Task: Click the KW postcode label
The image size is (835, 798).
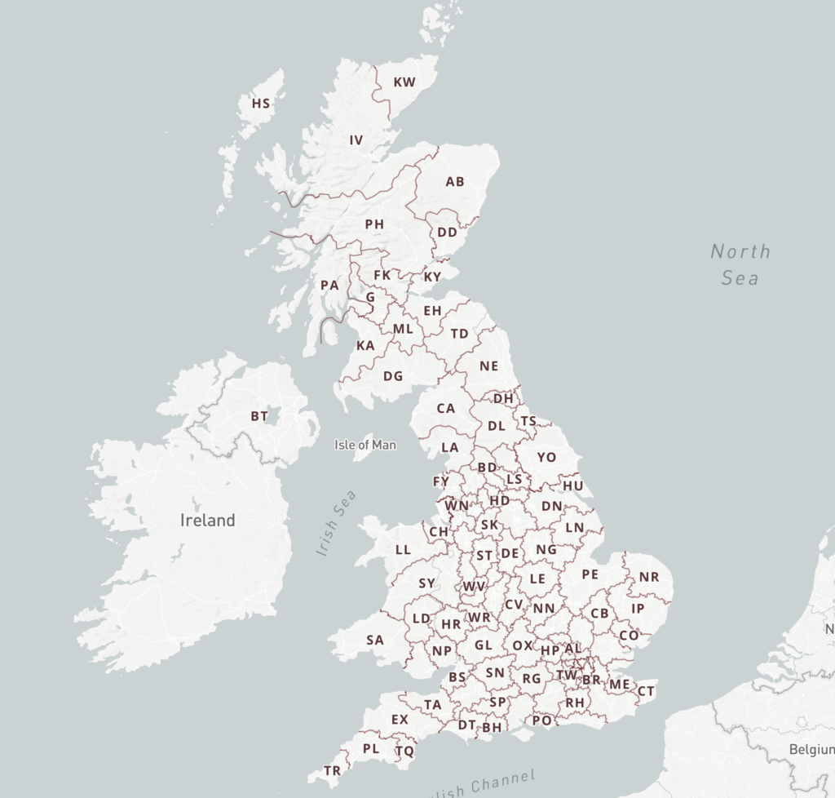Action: pos(404,82)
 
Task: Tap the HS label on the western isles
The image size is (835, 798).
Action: pos(261,104)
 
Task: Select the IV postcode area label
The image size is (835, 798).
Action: pos(356,140)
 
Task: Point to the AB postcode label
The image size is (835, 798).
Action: pos(454,182)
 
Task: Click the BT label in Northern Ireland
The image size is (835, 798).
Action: pos(259,416)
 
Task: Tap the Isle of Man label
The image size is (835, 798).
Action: pos(365,445)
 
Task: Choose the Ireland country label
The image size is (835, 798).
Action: pos(207,521)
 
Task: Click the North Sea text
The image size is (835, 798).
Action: pos(740,264)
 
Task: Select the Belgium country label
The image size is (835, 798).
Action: pos(810,749)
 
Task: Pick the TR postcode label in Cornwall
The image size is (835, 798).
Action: pos(332,770)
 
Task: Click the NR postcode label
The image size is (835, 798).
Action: pos(648,577)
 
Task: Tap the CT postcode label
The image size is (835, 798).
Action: pos(645,691)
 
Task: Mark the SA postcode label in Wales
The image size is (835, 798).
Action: pos(374,640)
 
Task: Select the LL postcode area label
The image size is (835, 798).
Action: pos(403,550)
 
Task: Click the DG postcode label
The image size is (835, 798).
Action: pos(393,376)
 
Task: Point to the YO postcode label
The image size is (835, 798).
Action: pos(546,458)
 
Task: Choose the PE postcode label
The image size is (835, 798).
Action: pos(590,574)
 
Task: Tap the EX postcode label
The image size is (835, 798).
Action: pos(400,720)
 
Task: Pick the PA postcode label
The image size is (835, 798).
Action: pos(329,286)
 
